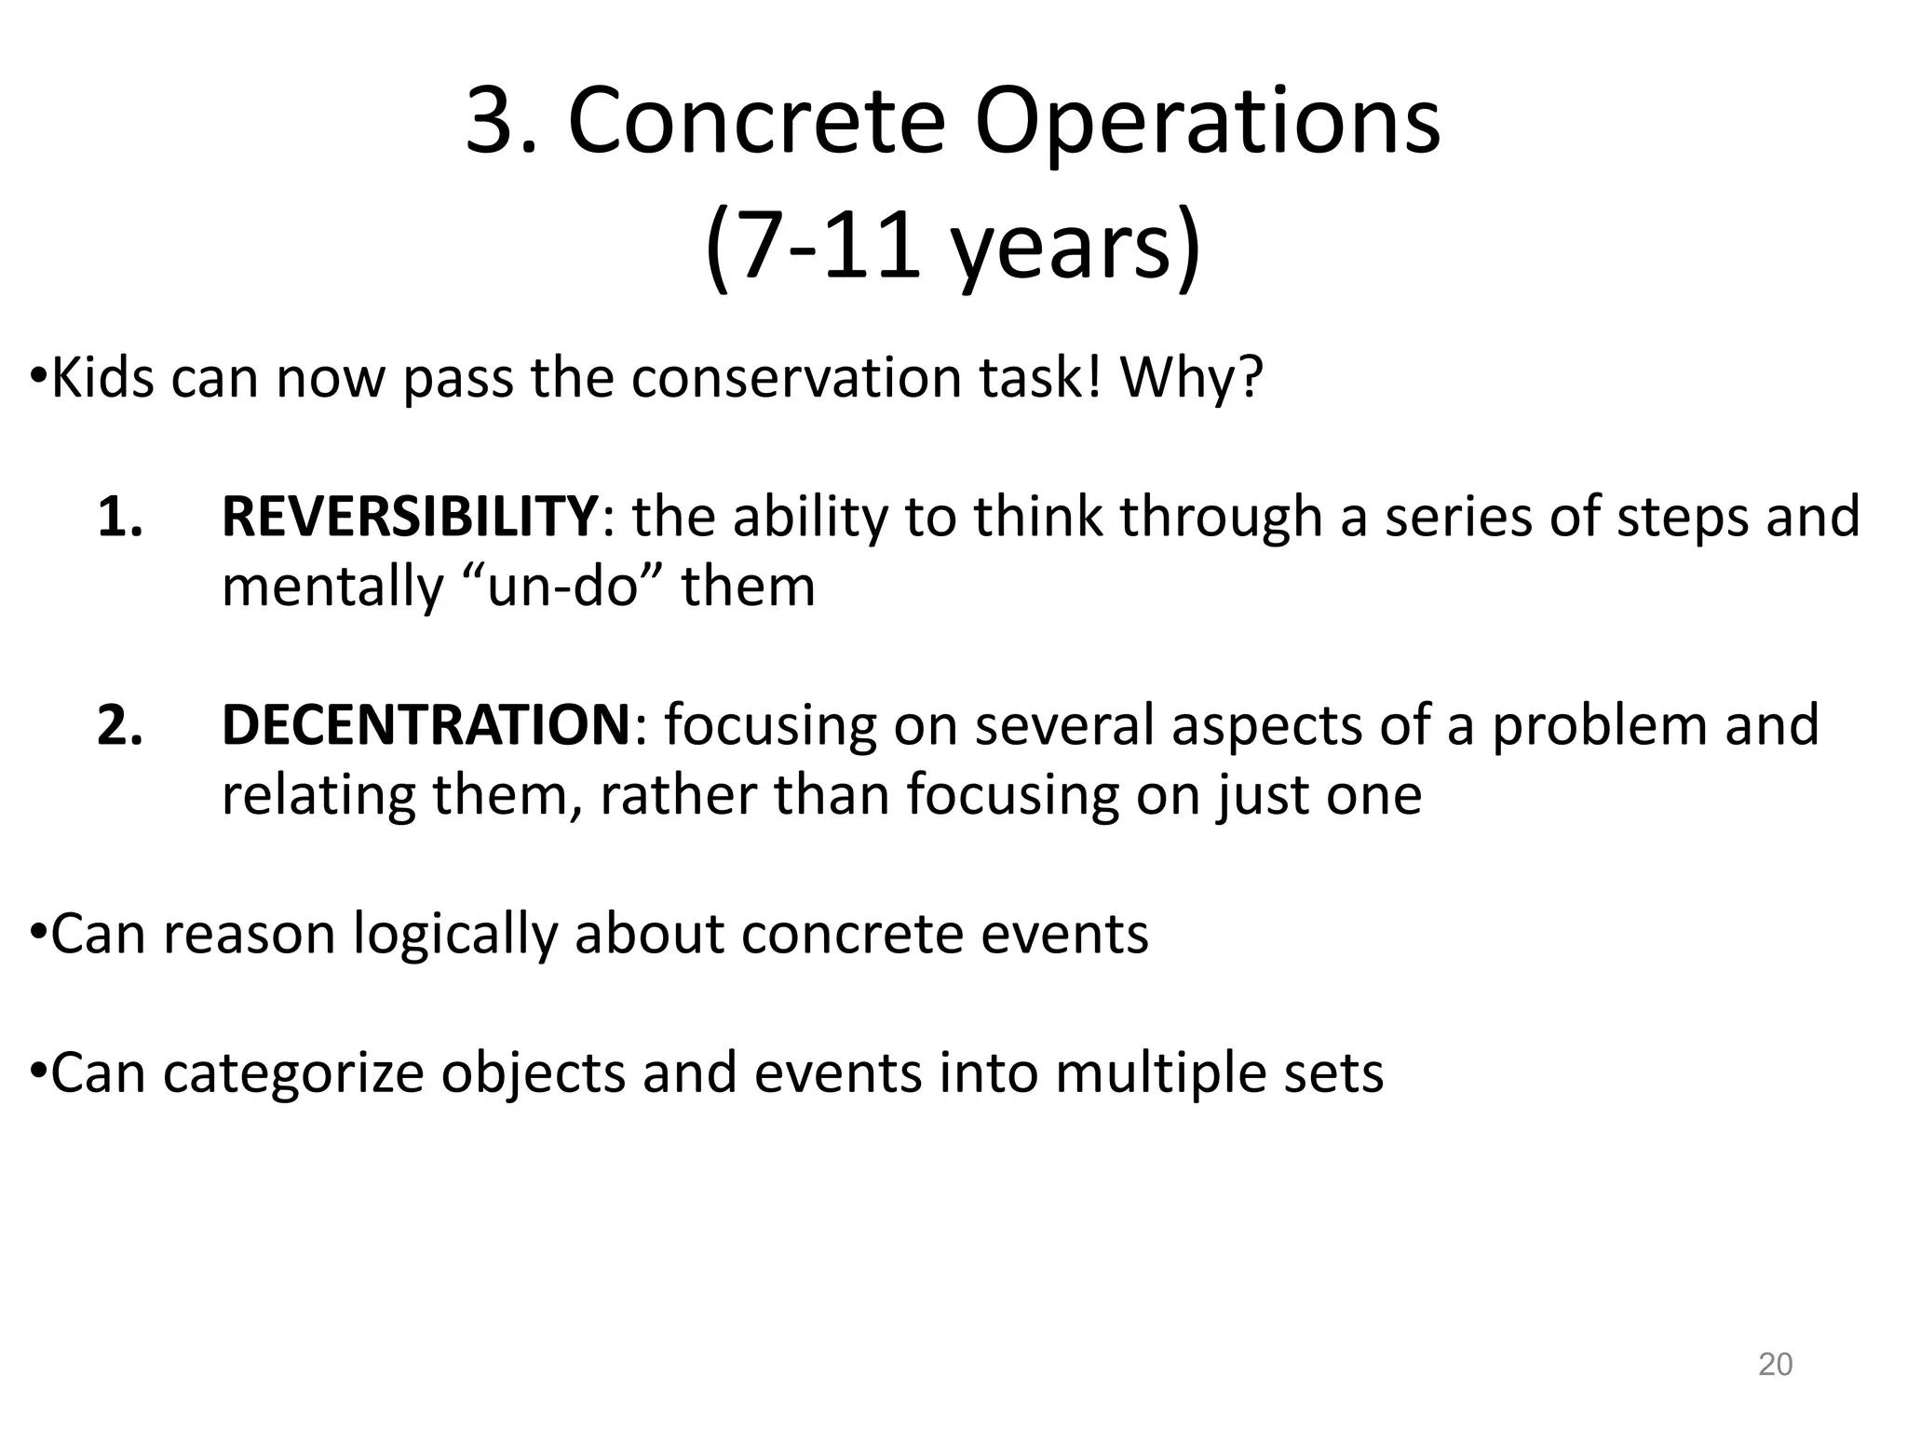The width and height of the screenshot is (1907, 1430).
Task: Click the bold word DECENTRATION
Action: tap(426, 725)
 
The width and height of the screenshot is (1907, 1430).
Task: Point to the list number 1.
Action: tap(119, 517)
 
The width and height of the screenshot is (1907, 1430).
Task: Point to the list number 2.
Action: tap(119, 725)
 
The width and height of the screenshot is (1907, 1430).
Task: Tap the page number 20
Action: tap(1775, 1364)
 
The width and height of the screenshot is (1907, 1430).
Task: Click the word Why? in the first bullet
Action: tap(1192, 378)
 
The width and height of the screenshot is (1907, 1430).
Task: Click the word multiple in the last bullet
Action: tap(1158, 1072)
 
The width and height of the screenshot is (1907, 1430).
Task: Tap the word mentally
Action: tap(332, 587)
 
